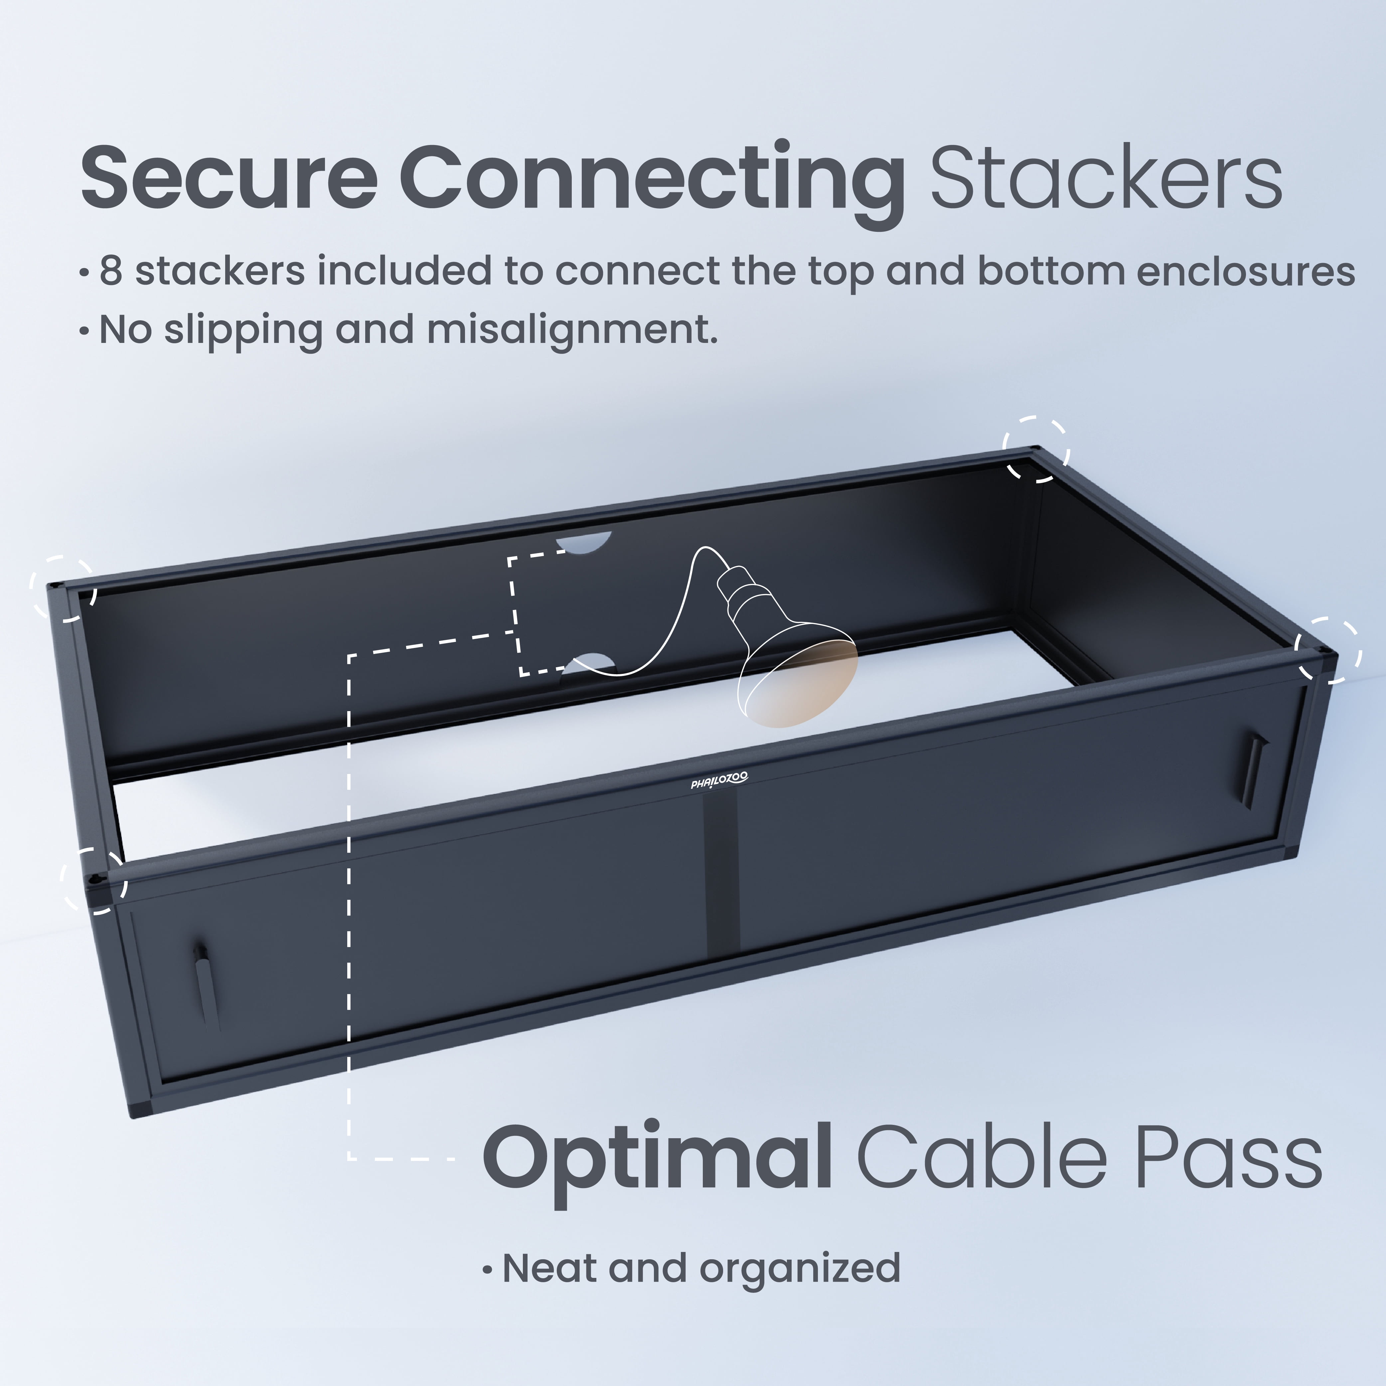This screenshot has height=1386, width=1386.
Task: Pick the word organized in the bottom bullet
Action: coord(800,1270)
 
